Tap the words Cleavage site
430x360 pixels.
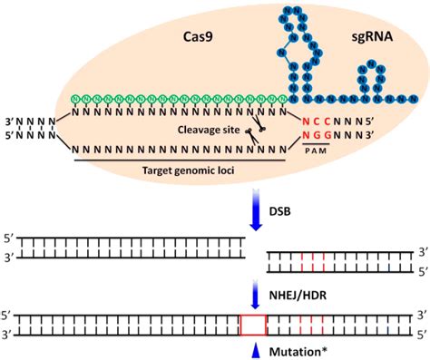[x=204, y=131]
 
